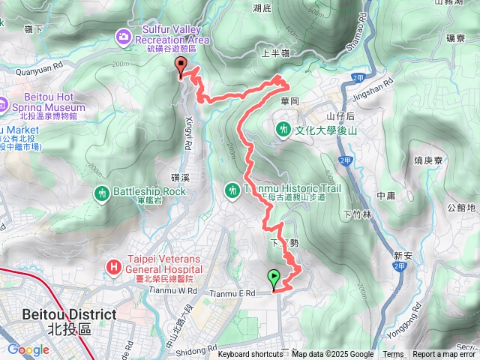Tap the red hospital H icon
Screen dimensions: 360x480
pyautogui.click(x=113, y=265)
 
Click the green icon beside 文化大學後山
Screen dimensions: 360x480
pyautogui.click(x=283, y=129)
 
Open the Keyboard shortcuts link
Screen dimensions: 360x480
pyautogui.click(x=250, y=355)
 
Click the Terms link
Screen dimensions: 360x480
pyautogui.click(x=393, y=355)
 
